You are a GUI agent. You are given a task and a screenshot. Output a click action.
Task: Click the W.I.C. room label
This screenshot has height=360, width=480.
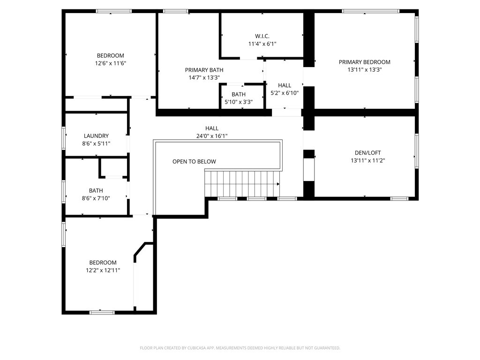click(262, 36)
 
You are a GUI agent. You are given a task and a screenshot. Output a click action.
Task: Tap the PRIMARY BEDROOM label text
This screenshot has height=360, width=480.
click(364, 62)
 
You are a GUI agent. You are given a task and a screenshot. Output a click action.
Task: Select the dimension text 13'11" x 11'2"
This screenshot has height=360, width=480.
click(364, 160)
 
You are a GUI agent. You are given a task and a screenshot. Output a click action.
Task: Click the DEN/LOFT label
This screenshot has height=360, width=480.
click(364, 152)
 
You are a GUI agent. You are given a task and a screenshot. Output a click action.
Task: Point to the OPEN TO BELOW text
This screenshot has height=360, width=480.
click(194, 162)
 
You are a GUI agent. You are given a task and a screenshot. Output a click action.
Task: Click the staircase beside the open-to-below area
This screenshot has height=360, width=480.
click(242, 183)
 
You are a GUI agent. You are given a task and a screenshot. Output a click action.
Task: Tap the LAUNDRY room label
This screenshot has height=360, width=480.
click(96, 136)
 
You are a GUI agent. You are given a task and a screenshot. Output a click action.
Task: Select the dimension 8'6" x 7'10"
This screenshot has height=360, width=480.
click(96, 198)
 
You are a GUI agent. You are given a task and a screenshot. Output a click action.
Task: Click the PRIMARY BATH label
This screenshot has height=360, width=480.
click(204, 70)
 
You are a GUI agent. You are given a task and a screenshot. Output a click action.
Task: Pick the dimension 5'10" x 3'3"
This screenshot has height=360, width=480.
click(238, 102)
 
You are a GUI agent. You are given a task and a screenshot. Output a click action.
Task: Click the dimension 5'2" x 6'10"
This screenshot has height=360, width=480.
click(285, 93)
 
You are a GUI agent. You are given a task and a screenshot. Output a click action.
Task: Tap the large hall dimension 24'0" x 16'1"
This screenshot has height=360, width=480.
click(212, 136)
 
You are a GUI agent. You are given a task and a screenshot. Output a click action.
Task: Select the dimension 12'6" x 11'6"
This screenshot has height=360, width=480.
click(111, 63)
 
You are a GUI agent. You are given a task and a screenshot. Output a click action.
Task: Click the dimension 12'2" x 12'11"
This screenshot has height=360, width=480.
click(103, 270)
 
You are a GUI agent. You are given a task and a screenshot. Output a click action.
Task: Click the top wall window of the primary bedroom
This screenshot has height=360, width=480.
click(370, 11)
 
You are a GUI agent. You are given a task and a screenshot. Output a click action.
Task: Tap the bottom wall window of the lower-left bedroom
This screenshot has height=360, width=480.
click(102, 312)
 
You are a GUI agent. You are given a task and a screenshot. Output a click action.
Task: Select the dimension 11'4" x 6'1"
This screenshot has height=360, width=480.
click(262, 44)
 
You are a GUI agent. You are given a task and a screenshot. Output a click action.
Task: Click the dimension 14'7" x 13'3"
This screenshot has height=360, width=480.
click(204, 77)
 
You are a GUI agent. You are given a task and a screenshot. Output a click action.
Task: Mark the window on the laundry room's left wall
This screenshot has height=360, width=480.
click(64, 138)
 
